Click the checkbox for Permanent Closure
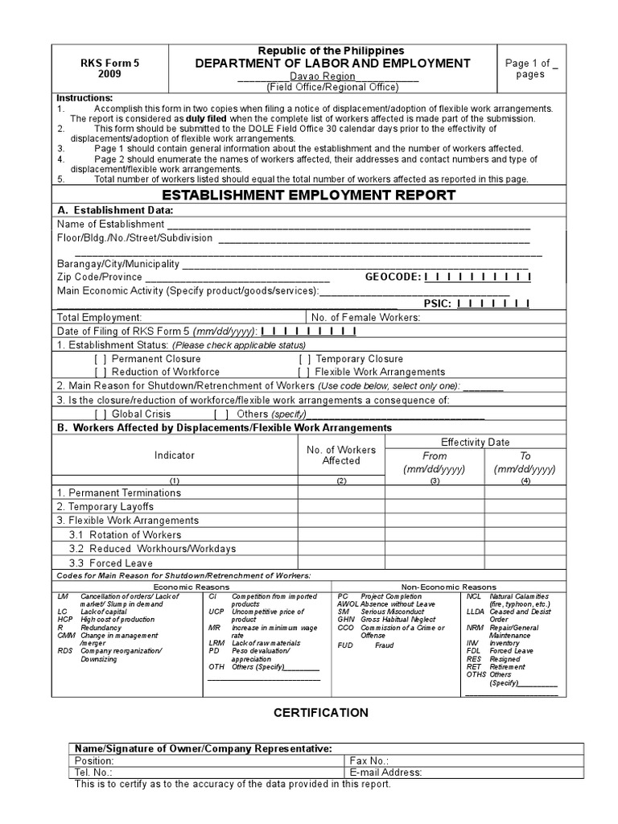click(101, 359)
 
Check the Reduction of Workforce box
click(101, 372)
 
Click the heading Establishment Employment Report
click(309, 196)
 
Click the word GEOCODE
click(393, 277)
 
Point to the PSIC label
click(438, 303)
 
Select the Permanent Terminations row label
click(118, 492)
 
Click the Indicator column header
click(175, 455)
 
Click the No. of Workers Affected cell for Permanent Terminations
click(341, 492)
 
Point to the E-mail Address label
click(385, 772)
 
